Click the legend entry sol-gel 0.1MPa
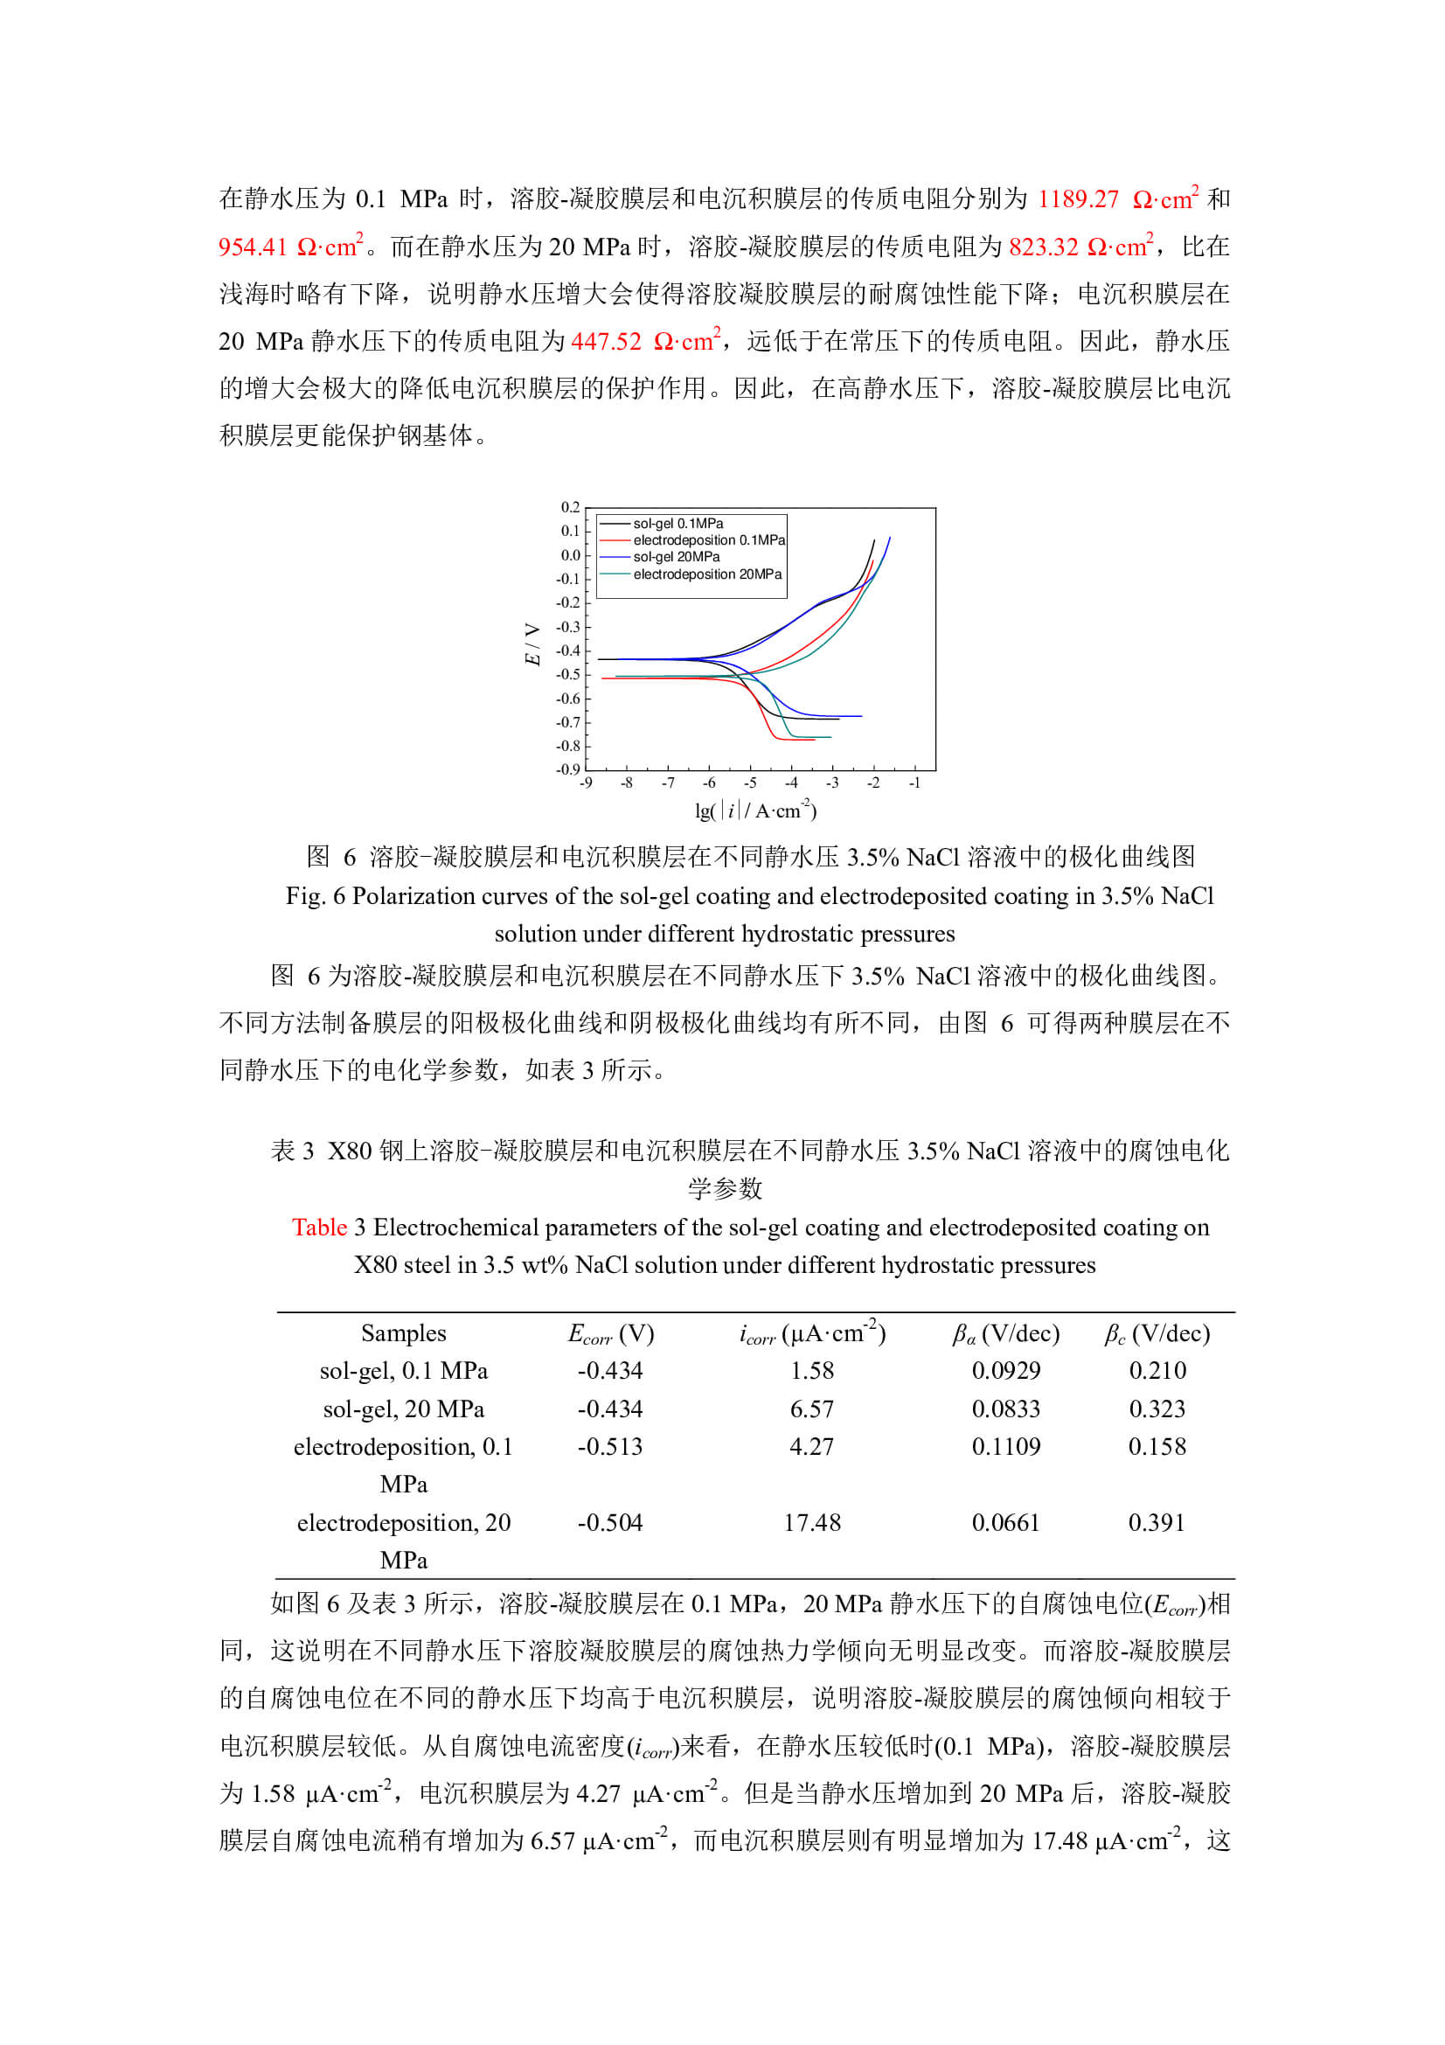(x=677, y=524)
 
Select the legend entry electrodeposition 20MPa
(x=707, y=574)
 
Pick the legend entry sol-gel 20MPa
(x=676, y=558)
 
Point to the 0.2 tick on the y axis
(x=570, y=508)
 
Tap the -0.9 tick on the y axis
(x=568, y=769)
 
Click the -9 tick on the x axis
(x=586, y=783)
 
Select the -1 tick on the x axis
(x=914, y=783)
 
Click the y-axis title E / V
(x=532, y=644)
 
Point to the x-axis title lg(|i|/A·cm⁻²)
(x=755, y=810)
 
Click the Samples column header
(x=403, y=1333)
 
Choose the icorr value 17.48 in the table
(x=811, y=1522)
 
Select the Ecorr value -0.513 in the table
(x=610, y=1446)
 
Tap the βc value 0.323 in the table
(x=1157, y=1409)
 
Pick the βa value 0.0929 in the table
(x=1005, y=1371)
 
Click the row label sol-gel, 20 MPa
(x=403, y=1409)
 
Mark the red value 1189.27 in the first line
(x=1077, y=198)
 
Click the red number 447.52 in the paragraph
(x=606, y=341)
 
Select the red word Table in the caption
(x=319, y=1228)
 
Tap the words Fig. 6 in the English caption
(x=316, y=896)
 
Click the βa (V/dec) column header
(x=1005, y=1333)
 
